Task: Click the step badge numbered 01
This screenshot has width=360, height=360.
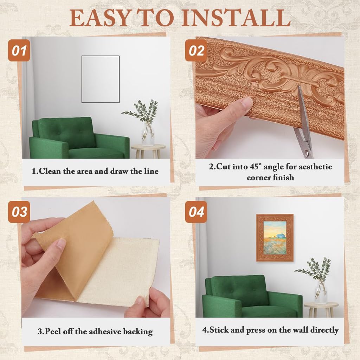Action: pyautogui.click(x=19, y=51)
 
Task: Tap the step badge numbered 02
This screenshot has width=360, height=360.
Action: pyautogui.click(x=197, y=51)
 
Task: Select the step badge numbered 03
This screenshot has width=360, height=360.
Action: pyautogui.click(x=19, y=212)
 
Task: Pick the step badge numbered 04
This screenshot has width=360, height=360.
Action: pyautogui.click(x=197, y=212)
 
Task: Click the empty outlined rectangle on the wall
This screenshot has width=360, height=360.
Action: pyautogui.click(x=100, y=79)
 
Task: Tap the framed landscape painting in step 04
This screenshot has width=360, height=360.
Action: pyautogui.click(x=275, y=237)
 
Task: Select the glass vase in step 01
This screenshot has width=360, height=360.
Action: pyautogui.click(x=148, y=135)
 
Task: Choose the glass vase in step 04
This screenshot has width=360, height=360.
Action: pyautogui.click(x=320, y=293)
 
